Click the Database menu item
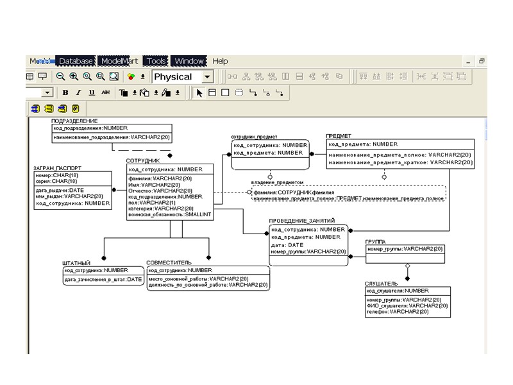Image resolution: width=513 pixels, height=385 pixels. tap(76, 61)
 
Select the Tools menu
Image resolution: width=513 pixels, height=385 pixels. tap(156, 61)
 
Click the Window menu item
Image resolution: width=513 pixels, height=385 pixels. tap(189, 61)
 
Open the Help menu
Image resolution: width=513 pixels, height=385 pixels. tap(220, 61)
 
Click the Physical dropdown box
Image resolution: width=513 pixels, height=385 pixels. tap(182, 77)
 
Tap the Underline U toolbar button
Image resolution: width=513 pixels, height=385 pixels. tap(91, 92)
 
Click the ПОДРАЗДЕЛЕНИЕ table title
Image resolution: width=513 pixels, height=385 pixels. tap(74, 121)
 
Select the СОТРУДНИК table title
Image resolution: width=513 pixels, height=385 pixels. tap(142, 160)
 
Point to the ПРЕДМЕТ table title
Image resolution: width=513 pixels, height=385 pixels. tap(339, 136)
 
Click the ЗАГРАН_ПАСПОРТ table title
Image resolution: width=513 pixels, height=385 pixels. tap(57, 168)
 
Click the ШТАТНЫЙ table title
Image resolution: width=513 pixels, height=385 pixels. tap(76, 263)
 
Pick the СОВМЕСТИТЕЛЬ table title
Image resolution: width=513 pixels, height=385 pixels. tap(169, 263)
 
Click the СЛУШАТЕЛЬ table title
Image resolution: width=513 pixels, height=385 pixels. tap(382, 283)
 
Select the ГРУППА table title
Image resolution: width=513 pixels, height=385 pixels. tap(376, 242)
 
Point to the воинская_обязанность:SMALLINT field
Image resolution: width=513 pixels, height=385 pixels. tap(165, 214)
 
